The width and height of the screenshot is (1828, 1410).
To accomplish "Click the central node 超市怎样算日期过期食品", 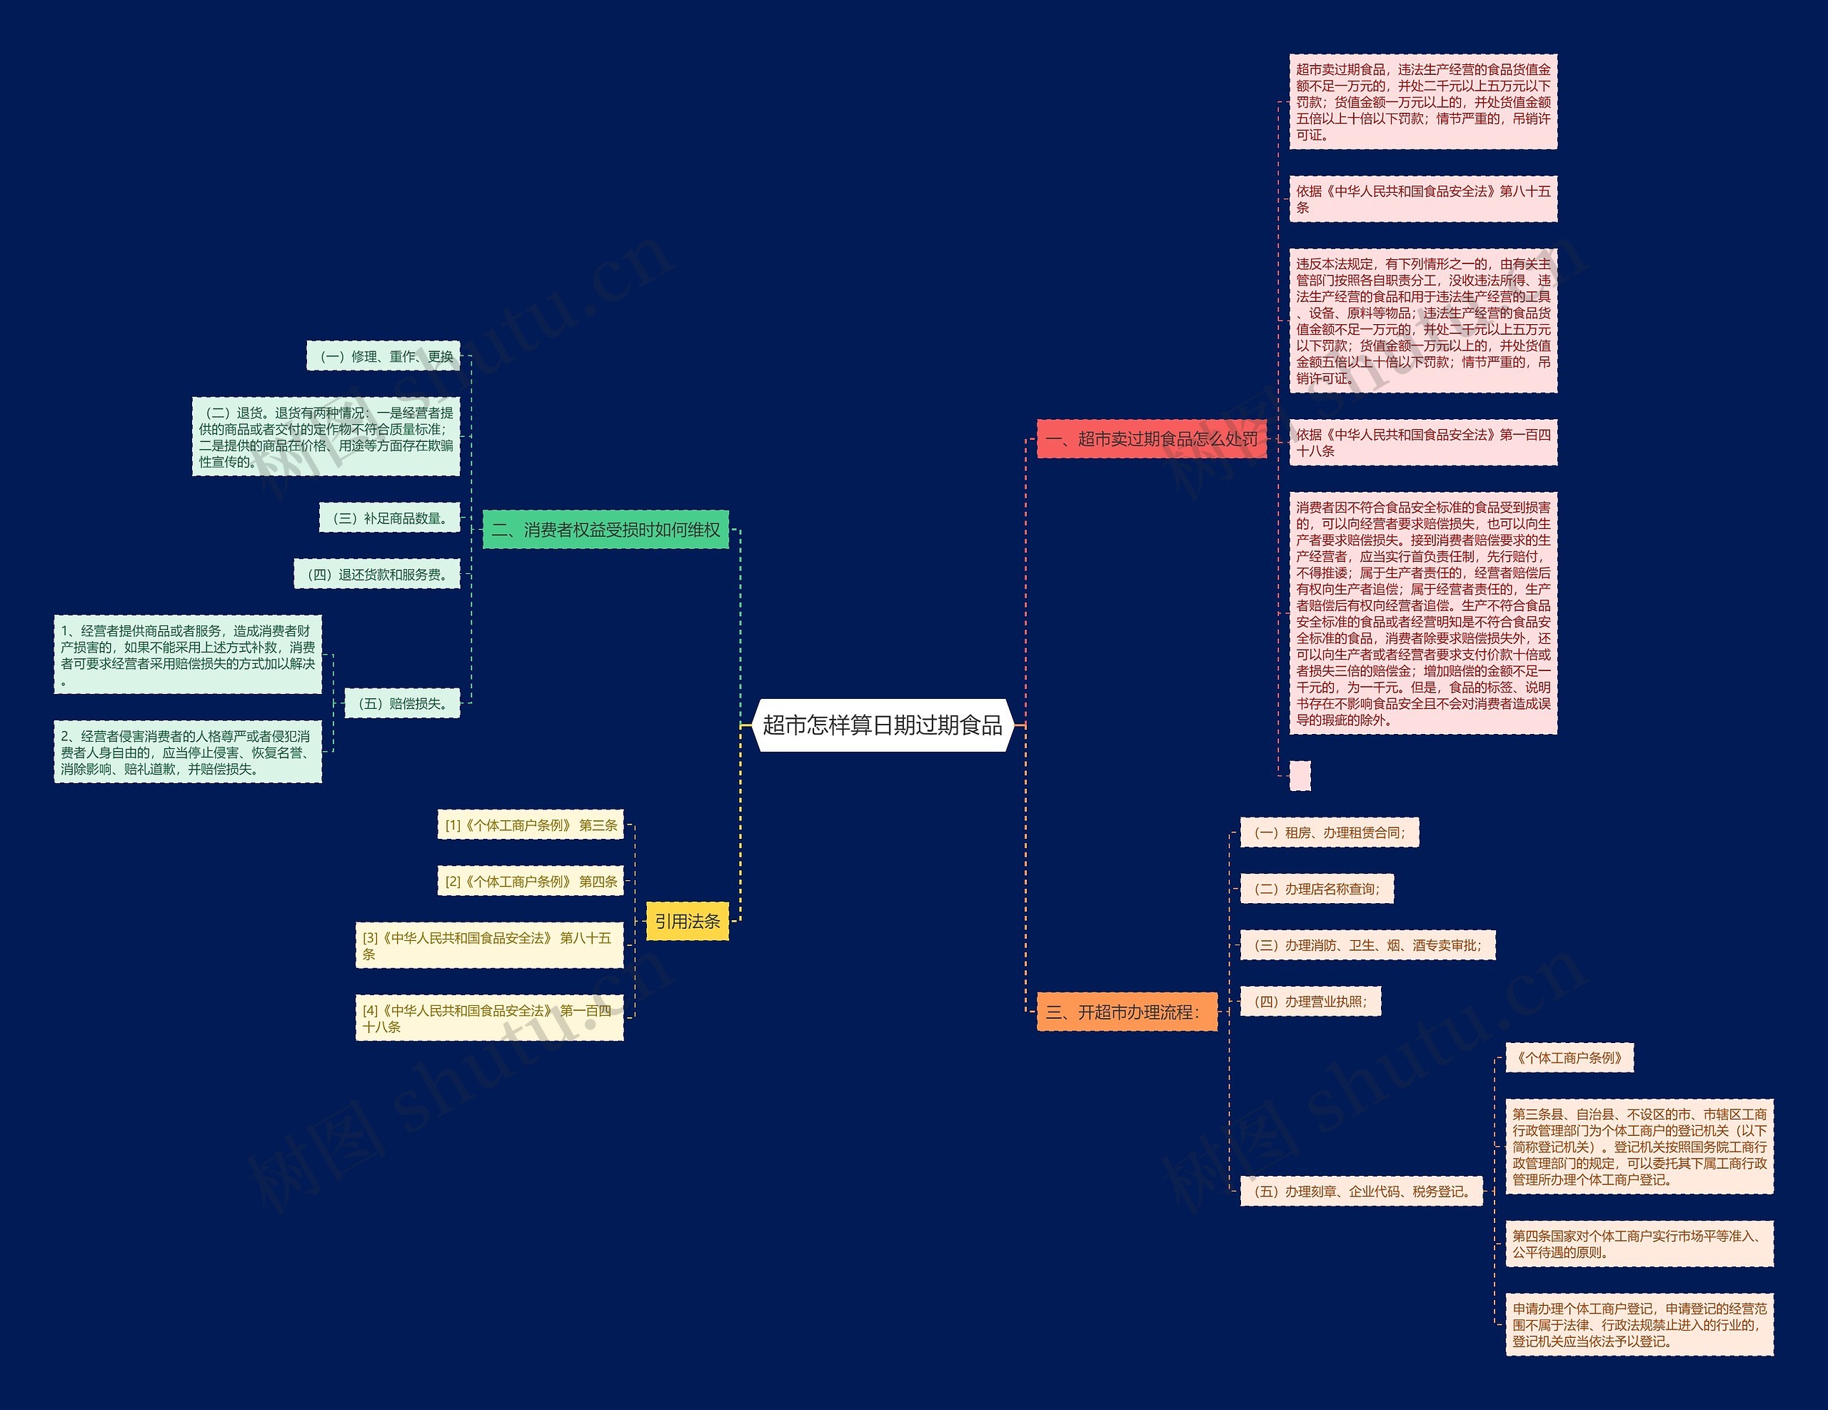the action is tap(882, 725).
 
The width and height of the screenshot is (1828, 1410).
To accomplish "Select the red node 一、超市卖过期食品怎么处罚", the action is tap(1151, 438).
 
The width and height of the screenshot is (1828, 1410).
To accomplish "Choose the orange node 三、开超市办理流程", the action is tap(1126, 1012).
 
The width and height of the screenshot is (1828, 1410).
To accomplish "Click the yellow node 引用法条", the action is tap(687, 921).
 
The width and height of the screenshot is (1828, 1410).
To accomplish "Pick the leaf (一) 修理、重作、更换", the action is tap(383, 356).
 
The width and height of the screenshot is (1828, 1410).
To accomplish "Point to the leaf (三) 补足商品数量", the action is tap(389, 519).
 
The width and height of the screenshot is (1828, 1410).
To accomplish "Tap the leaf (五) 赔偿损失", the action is tap(402, 704).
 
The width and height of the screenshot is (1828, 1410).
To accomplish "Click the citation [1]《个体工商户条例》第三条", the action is tap(531, 825).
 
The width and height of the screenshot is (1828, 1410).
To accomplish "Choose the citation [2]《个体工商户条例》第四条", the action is tap(531, 881).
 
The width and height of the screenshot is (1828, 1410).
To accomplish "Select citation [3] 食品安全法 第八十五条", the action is tap(489, 945).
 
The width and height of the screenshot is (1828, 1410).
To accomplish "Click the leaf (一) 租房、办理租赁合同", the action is tap(1328, 832).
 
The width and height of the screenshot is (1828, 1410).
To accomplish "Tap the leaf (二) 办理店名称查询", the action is tap(1316, 889).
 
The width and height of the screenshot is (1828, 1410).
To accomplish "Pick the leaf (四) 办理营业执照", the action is tap(1310, 1002).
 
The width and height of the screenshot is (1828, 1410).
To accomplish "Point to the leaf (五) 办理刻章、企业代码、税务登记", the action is tap(1361, 1192).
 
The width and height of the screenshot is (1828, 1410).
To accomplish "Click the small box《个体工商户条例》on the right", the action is tap(1569, 1058).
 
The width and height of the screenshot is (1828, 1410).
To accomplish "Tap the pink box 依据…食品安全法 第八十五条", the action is tap(1422, 199).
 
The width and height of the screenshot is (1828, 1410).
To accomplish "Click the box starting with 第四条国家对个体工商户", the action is tap(1638, 1244).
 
